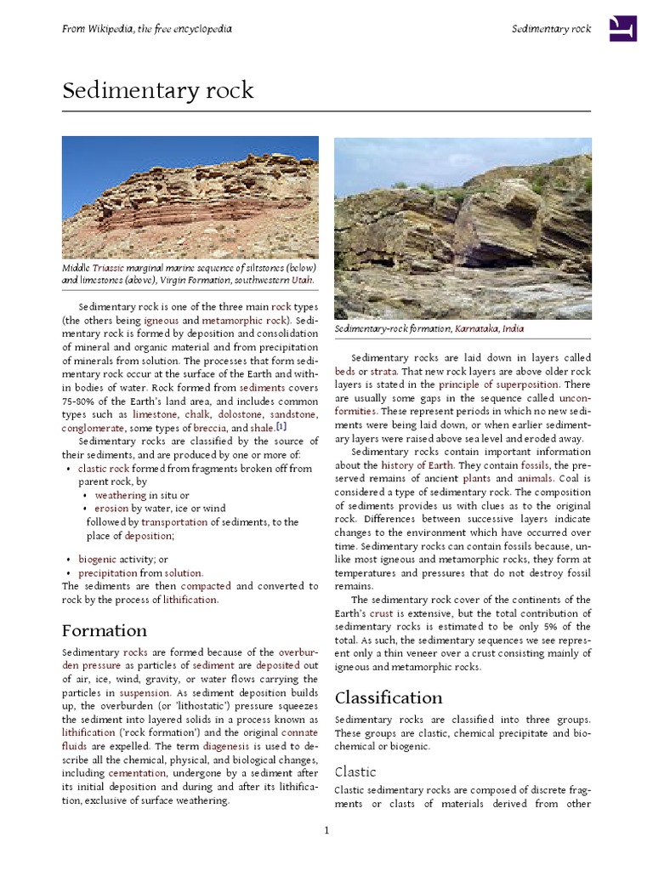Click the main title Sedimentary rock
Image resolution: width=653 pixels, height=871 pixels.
click(x=158, y=91)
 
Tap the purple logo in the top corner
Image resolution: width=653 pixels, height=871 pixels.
click(x=622, y=29)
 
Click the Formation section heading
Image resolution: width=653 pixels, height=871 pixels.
click(x=104, y=630)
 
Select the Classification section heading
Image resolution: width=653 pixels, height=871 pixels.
click(x=389, y=697)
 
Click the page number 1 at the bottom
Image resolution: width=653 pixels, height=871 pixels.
click(x=326, y=830)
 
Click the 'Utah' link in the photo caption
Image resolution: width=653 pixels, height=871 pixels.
click(x=300, y=280)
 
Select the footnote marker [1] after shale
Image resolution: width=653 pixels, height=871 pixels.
click(x=281, y=427)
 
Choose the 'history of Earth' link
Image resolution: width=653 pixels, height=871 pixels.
click(x=417, y=465)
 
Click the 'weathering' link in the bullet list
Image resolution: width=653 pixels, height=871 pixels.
click(x=121, y=495)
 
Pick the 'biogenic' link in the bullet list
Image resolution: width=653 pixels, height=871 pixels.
click(x=98, y=559)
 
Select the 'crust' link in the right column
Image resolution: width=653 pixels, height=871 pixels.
click(x=381, y=612)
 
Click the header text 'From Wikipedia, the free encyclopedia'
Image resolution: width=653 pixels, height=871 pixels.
click(x=147, y=29)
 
